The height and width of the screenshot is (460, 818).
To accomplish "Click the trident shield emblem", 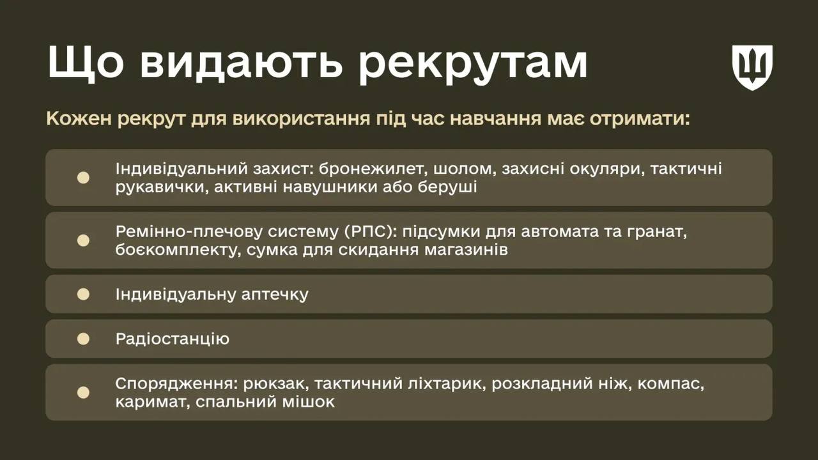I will [752, 67].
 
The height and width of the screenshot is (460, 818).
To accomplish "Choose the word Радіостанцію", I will [173, 339].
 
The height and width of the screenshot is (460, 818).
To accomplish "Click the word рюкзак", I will [272, 384].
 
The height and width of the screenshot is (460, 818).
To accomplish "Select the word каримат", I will [152, 402].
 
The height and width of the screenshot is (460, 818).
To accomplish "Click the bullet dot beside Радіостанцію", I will [83, 339].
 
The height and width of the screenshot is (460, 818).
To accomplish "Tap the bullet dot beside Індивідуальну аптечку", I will [83, 294].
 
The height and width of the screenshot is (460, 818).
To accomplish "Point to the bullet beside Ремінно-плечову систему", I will [83, 240].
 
